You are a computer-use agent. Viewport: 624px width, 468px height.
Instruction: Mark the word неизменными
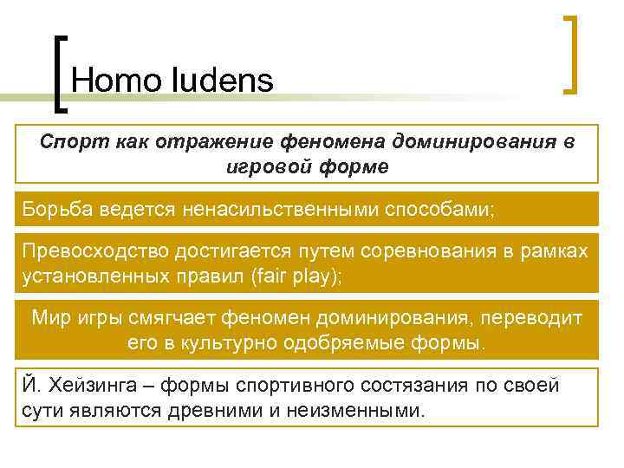pyautogui.click(x=367, y=408)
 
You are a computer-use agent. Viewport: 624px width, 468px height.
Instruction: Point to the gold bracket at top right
pyautogui.click(x=572, y=52)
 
